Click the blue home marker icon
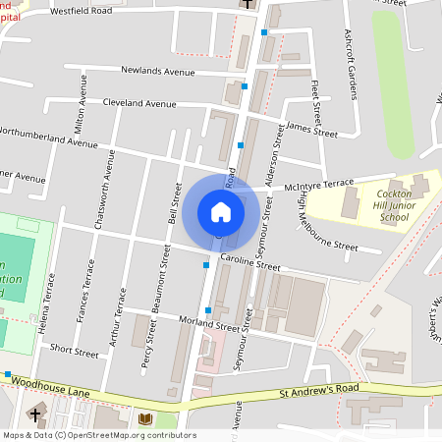pos(221,211)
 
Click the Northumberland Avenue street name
pos(49,136)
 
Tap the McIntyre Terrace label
pos(318,185)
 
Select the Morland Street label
pos(210,326)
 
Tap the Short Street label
pos(75,350)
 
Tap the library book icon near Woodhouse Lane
pos(145,419)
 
